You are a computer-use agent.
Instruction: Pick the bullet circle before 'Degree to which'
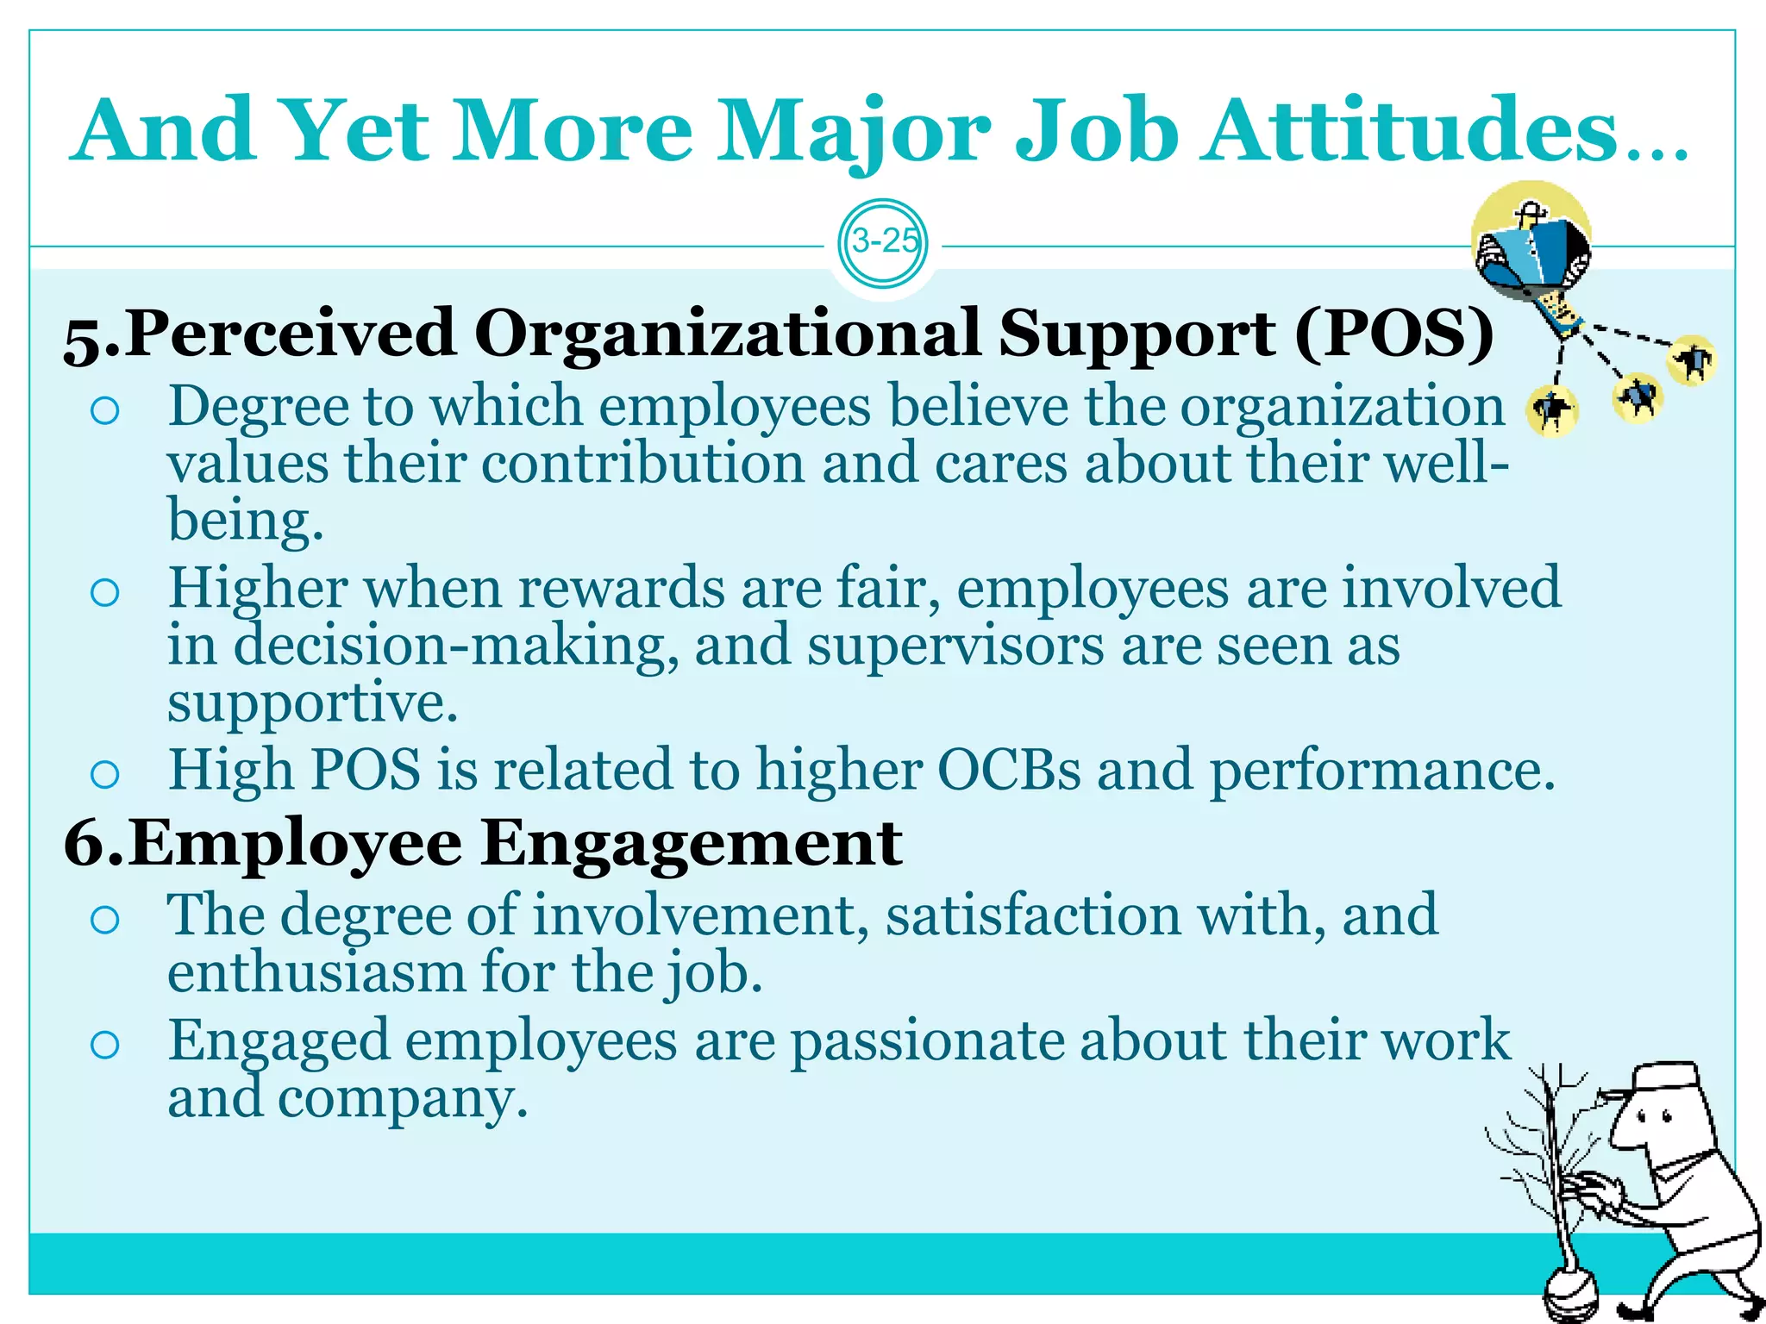tap(104, 411)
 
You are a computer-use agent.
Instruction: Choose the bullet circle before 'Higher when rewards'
tap(104, 593)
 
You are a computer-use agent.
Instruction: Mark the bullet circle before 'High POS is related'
tap(104, 774)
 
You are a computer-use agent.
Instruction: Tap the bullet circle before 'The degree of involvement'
tap(104, 920)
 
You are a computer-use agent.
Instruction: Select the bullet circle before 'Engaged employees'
tap(104, 1046)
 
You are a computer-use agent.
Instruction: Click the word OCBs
tap(1008, 770)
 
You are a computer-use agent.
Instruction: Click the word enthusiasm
tap(316, 973)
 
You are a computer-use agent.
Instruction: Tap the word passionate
tap(927, 1042)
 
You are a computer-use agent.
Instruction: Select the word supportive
tap(312, 703)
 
